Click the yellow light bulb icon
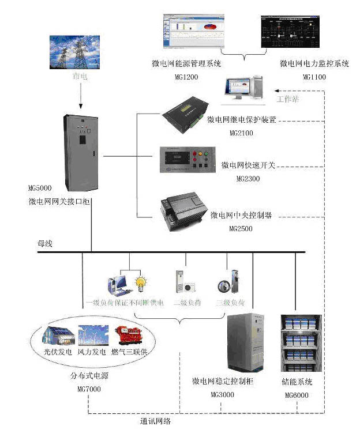pos(138,284)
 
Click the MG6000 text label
pos(297,396)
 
